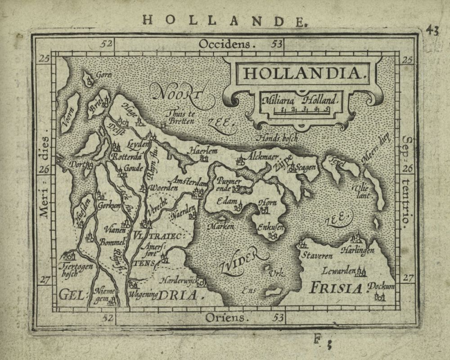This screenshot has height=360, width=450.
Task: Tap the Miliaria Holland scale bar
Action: [305, 109]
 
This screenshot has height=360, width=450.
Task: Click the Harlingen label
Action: [358, 250]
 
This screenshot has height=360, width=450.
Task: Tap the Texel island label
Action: [335, 162]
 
